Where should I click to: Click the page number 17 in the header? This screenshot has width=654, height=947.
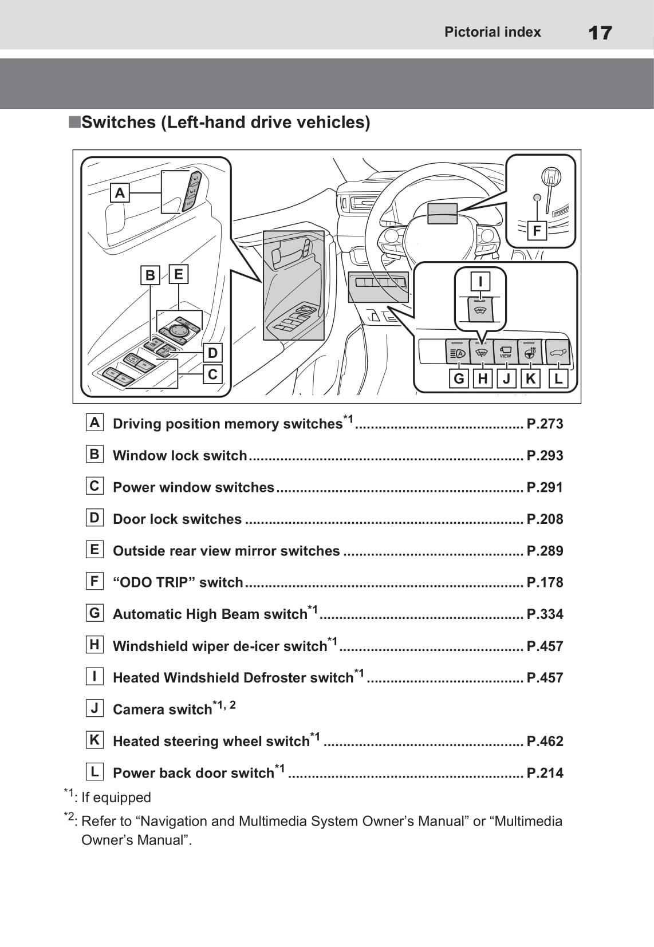(x=600, y=33)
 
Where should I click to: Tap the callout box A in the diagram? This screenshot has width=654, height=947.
(x=120, y=193)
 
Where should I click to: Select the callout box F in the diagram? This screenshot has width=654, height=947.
(x=537, y=231)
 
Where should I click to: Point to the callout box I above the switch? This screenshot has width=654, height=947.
(x=480, y=281)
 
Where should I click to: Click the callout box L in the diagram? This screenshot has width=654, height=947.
(x=558, y=378)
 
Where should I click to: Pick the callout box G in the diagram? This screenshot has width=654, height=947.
(x=459, y=378)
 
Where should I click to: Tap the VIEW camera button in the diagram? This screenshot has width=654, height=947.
(x=505, y=352)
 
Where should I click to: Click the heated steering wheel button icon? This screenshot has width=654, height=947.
(x=530, y=352)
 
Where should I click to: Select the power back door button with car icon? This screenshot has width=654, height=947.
(x=558, y=352)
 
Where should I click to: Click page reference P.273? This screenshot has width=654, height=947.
(x=545, y=424)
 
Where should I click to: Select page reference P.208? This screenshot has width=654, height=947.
(x=545, y=519)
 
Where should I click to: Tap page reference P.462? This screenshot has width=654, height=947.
(x=545, y=741)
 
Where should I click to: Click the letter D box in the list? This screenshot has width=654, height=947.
(x=94, y=518)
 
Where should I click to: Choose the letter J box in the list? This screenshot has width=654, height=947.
(x=94, y=708)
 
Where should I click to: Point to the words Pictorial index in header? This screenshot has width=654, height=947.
(x=493, y=32)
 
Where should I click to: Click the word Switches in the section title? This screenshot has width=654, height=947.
(x=119, y=123)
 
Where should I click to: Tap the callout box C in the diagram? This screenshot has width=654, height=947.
(x=212, y=374)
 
